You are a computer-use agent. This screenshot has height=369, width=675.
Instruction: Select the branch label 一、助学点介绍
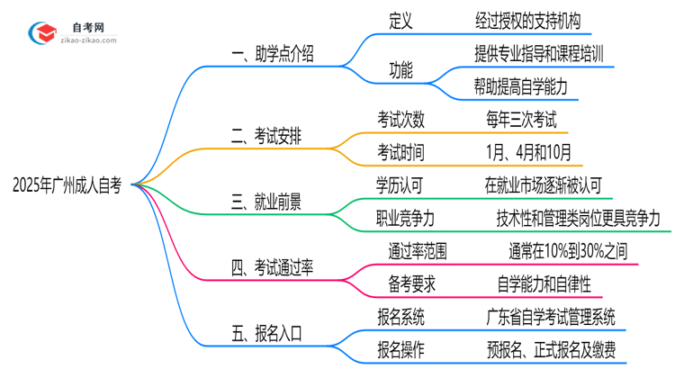click(x=272, y=56)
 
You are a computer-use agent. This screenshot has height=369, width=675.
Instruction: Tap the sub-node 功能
click(x=400, y=71)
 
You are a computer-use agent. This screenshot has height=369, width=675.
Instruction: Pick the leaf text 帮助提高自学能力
click(x=521, y=87)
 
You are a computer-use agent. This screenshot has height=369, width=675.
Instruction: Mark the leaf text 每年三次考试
click(x=520, y=120)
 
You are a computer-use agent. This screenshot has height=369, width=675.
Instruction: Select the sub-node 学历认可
click(x=400, y=185)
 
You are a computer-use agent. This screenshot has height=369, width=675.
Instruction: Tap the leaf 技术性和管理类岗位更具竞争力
click(x=578, y=218)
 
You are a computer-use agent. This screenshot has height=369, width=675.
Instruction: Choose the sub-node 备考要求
click(x=400, y=283)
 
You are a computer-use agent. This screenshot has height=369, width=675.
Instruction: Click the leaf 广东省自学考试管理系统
click(x=549, y=316)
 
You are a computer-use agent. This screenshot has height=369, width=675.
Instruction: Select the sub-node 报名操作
click(x=400, y=348)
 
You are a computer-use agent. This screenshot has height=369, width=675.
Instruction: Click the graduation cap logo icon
click(x=41, y=33)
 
